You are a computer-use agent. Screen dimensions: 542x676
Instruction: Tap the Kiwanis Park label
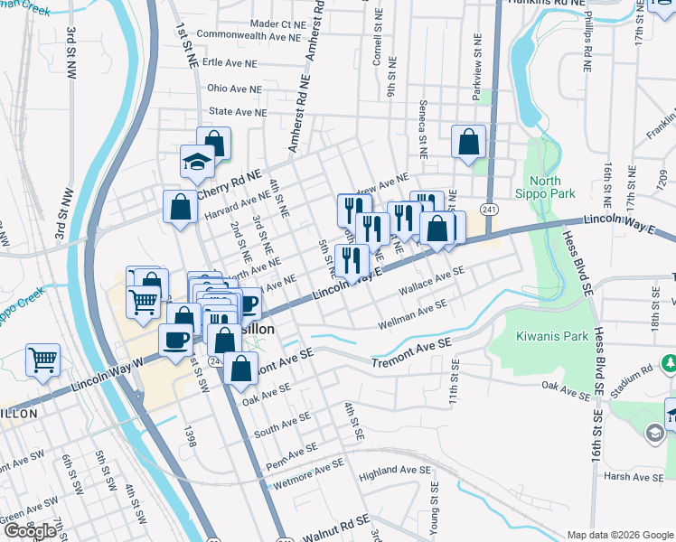[545, 336]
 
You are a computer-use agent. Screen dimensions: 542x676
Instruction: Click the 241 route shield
[489, 210]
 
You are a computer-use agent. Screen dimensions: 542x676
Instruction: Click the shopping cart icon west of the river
[42, 360]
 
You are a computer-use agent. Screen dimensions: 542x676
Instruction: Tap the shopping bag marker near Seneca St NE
[469, 142]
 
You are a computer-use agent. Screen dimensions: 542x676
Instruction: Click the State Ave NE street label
[238, 112]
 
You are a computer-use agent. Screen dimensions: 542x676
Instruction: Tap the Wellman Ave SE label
[413, 315]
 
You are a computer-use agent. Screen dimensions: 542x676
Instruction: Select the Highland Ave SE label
[395, 471]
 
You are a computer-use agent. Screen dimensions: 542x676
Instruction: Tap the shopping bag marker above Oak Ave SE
[241, 369]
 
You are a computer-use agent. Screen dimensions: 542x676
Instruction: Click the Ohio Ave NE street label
[234, 89]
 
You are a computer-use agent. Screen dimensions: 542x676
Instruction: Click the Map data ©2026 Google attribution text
[618, 534]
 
